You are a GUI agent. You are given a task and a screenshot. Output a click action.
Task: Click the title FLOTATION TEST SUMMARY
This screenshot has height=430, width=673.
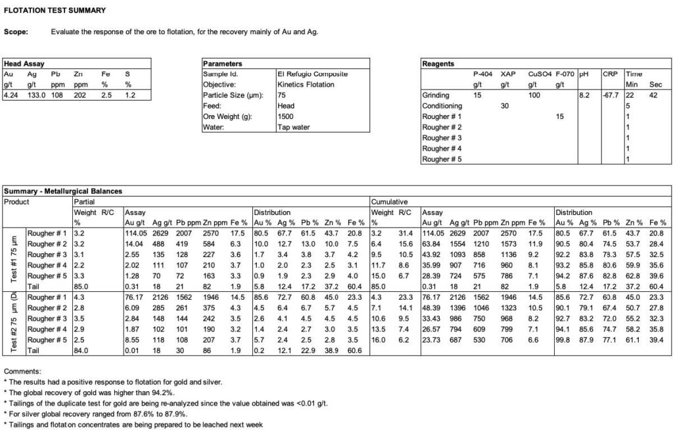[55, 11]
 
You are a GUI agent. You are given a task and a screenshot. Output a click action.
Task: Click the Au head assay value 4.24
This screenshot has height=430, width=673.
[11, 95]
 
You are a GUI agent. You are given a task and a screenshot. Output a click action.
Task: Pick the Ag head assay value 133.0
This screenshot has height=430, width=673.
[35, 95]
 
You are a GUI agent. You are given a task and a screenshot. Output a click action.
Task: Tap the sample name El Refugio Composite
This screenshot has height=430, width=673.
[312, 74]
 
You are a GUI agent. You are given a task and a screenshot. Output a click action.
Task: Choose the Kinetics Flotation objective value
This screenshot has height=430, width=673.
[306, 85]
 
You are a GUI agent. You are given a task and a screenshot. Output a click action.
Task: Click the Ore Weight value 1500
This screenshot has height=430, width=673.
[285, 116]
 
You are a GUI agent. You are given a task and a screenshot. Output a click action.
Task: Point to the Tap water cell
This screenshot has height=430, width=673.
[293, 127]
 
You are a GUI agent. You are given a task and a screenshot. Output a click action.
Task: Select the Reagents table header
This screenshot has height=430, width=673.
[438, 64]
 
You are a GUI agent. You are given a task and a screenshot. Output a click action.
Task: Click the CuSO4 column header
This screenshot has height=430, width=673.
[538, 74]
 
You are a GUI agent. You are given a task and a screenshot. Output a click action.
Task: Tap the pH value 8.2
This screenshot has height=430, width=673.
[583, 95]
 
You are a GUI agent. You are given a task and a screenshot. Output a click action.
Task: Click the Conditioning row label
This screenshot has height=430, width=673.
[443, 106]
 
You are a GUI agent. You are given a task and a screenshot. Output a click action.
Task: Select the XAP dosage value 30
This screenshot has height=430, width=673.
[505, 106]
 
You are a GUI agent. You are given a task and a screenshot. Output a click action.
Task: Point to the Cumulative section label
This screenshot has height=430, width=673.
[390, 202]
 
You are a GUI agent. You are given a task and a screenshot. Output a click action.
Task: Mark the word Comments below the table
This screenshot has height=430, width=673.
[22, 371]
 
